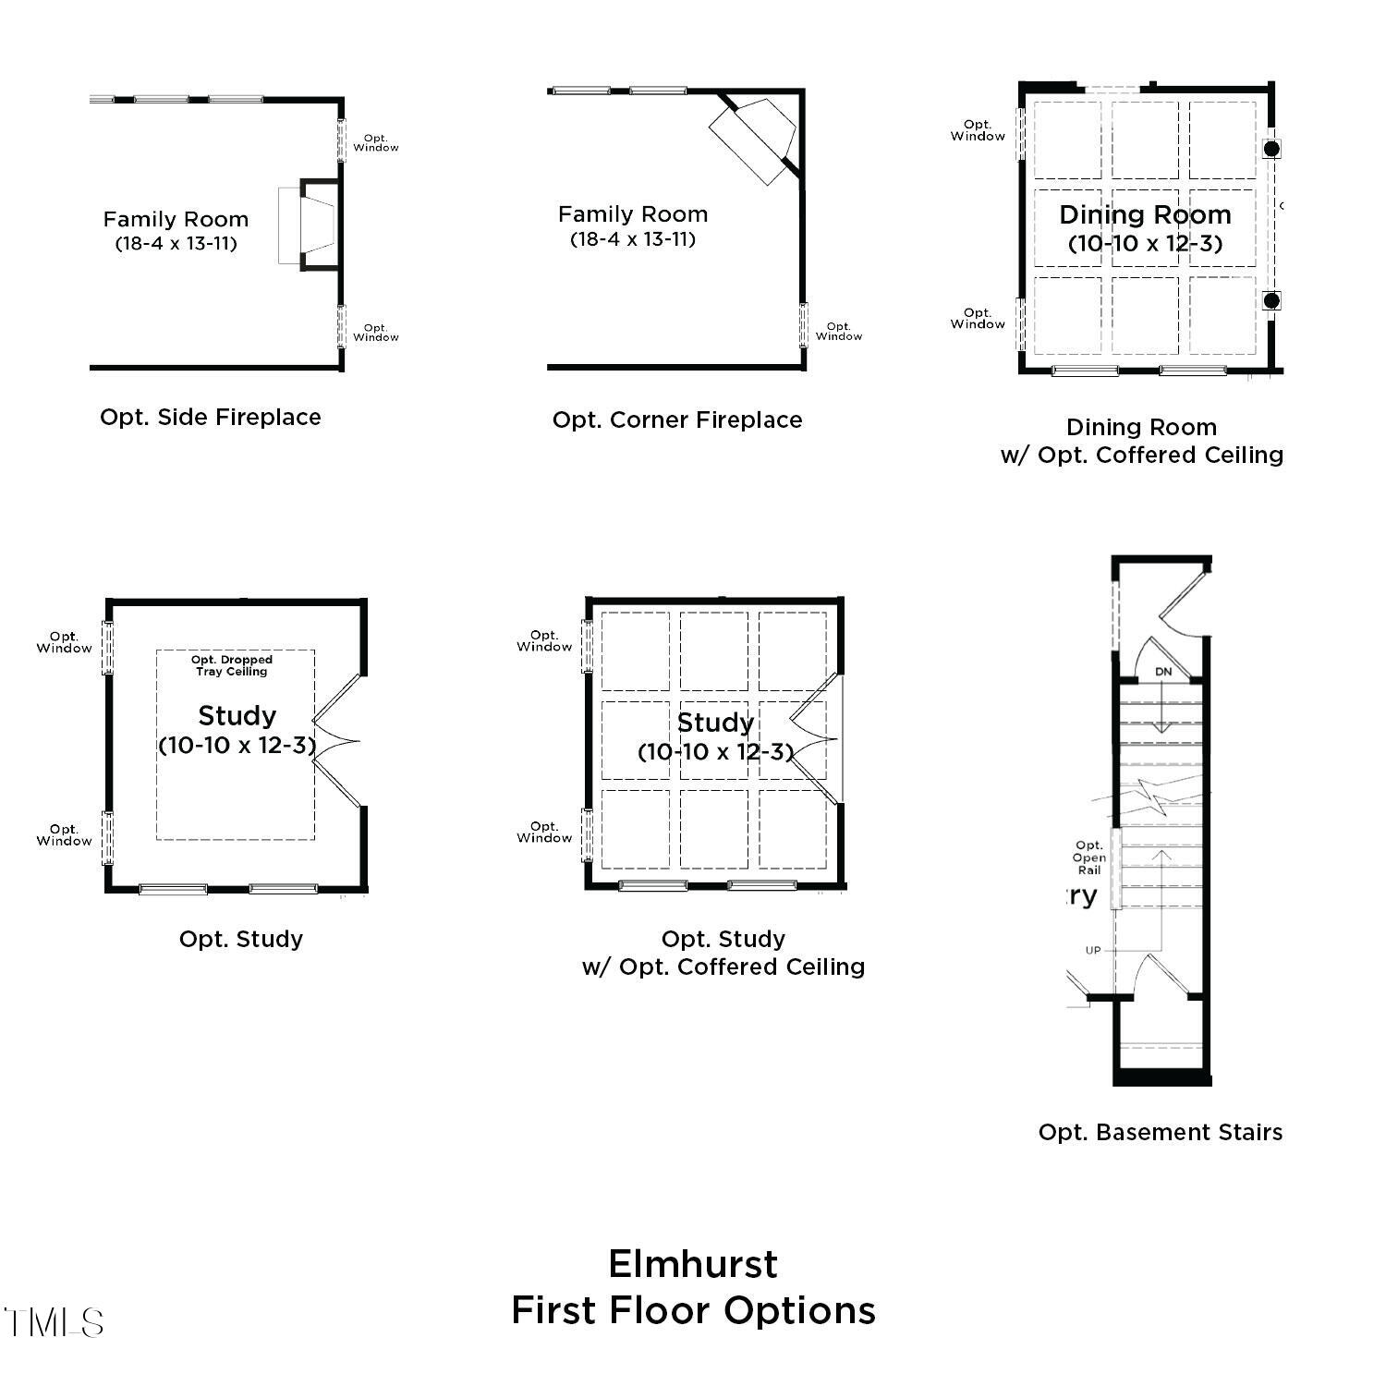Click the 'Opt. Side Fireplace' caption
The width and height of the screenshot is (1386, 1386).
pos(211,418)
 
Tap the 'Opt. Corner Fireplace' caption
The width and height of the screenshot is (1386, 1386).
pos(677,420)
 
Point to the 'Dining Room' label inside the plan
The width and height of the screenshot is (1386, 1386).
pos(1145,215)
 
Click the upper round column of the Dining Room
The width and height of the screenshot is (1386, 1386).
pos(1271,148)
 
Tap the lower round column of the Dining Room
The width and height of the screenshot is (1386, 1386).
pos(1271,300)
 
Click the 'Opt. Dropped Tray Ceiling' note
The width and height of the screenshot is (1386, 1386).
pos(232,666)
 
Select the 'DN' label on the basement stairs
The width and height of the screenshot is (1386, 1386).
pos(1163,672)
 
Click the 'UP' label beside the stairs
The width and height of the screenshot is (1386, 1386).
pos(1093,951)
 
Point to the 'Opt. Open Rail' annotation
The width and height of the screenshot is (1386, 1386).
pos(1089,857)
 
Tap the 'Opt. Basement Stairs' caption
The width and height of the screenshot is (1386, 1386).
pos(1161,1133)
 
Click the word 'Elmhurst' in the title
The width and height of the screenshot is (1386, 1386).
pos(693,1264)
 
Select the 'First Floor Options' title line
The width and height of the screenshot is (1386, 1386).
pos(693,1311)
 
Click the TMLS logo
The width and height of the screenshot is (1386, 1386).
pos(53,1323)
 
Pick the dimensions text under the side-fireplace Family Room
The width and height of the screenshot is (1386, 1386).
pos(176,244)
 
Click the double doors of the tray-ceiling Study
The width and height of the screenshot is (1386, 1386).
pos(337,741)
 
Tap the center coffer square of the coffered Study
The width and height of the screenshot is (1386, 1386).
pos(714,740)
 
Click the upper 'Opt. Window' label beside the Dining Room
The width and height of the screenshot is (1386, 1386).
pos(978,130)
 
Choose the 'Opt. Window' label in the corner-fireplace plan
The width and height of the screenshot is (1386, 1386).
pos(839,332)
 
